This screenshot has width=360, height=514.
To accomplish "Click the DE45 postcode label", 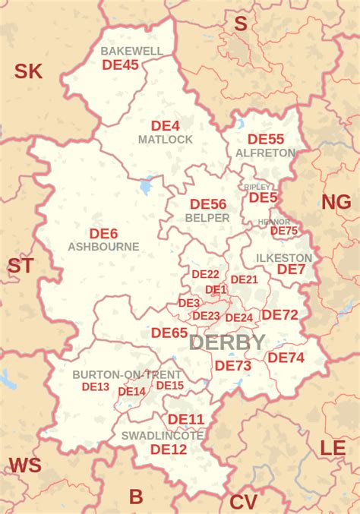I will click(x=120, y=65).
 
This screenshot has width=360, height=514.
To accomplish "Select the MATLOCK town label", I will click(x=165, y=140).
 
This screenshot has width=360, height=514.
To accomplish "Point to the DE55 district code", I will click(x=266, y=140).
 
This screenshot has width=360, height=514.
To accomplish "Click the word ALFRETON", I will click(x=266, y=153).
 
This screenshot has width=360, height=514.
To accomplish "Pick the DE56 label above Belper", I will click(x=208, y=204).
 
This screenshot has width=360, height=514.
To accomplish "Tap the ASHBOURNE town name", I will click(x=103, y=247).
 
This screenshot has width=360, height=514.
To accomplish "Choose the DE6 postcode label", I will click(x=103, y=234).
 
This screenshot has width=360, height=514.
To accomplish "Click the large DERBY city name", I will click(x=227, y=342).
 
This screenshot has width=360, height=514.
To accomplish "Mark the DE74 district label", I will click(x=286, y=358).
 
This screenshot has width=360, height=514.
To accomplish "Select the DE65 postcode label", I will click(x=169, y=333).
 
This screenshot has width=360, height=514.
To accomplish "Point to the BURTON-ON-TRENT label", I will click(x=127, y=375).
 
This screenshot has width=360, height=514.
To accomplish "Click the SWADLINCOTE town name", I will click(x=163, y=436).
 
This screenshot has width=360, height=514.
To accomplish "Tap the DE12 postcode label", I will click(x=169, y=449).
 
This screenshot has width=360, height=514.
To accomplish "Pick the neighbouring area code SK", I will click(x=29, y=72).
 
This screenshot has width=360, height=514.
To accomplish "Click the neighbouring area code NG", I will click(x=336, y=202).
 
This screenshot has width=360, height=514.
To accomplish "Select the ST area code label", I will click(x=21, y=266).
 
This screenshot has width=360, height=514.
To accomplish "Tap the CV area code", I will click(x=243, y=502).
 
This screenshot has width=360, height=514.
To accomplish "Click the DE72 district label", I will click(x=279, y=315).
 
